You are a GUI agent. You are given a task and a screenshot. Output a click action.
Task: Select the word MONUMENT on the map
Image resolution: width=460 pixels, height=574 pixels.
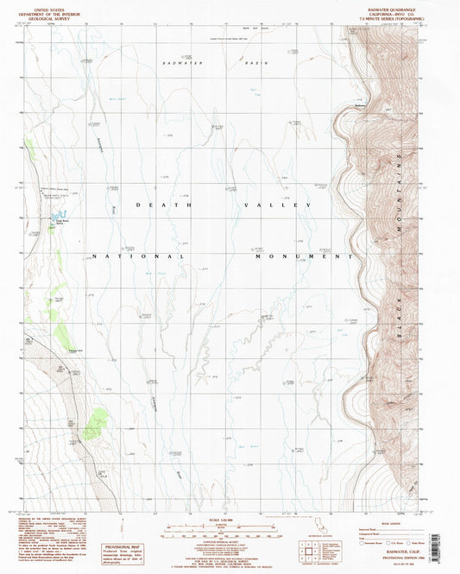point(312,256)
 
